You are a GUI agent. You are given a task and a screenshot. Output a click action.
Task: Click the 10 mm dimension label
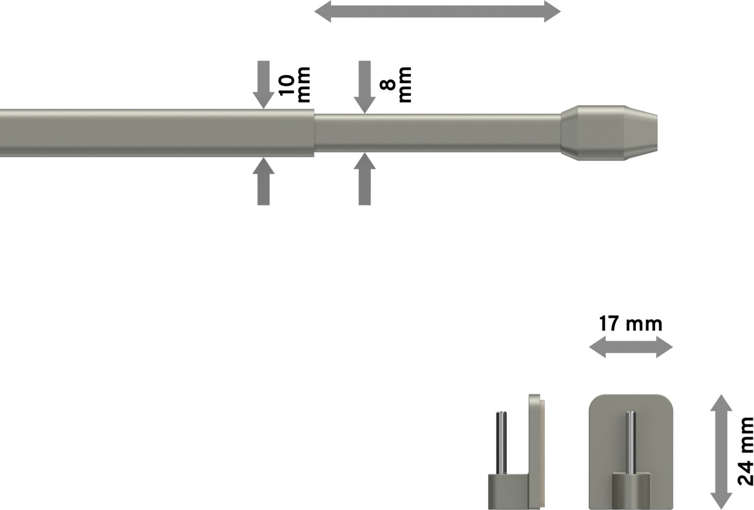coord(294,85)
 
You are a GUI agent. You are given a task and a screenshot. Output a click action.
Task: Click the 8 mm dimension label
coord(396,85)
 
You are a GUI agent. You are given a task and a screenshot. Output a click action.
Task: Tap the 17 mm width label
coord(630,324)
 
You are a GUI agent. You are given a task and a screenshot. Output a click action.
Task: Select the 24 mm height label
coord(745,451)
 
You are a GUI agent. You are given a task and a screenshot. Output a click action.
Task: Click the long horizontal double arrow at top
coord(438,12)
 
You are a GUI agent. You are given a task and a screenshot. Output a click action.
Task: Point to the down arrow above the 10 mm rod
coord(263,85)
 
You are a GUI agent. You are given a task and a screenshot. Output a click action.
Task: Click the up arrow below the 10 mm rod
coord(263,181)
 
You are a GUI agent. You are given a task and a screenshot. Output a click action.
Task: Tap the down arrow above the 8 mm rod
coord(364,87)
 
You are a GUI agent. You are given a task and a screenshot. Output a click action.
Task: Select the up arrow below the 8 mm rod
coord(364,179)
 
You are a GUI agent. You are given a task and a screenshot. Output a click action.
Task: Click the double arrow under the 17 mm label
coord(631,347)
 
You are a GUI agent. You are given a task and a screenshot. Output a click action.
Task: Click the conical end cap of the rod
coord(609,133)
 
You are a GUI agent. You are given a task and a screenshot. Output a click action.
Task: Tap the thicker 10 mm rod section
coord(157,133)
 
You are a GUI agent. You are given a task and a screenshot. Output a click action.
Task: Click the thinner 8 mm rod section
coord(438,133)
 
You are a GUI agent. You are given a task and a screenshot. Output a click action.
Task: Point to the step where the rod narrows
coord(314,133)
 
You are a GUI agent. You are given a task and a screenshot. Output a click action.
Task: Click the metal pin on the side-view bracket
coord(501,443)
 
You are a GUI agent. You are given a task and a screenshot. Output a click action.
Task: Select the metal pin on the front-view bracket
coord(631,443)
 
